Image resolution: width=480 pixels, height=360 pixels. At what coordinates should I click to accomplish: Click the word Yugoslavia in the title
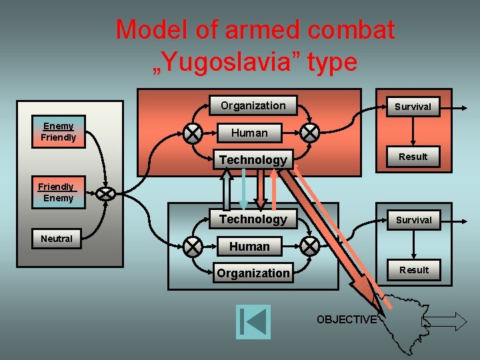point(237,62)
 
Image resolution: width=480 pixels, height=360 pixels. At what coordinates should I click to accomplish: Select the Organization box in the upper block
point(253,106)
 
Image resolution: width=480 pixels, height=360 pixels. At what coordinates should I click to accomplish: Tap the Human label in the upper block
point(249,133)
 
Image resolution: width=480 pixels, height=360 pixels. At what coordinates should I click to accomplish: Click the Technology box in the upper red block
point(253,160)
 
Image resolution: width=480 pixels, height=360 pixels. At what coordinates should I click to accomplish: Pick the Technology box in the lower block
point(253,219)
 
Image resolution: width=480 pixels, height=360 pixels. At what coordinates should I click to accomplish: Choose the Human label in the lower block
point(249,247)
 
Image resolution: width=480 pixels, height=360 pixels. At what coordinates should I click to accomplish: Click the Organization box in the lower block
point(253,273)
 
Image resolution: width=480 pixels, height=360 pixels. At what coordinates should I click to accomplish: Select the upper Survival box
point(413,107)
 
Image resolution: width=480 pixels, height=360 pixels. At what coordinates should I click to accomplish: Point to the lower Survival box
point(413,220)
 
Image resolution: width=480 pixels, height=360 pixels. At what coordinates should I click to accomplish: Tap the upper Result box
point(413,157)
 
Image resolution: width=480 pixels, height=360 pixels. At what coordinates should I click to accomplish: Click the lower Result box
point(413,270)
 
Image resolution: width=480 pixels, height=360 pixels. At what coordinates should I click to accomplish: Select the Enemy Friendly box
point(59,132)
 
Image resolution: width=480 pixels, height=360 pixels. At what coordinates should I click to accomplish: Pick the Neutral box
point(57,239)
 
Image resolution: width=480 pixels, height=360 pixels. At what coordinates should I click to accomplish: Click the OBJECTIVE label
point(347,320)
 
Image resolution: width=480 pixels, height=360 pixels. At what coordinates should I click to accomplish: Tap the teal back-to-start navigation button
point(253,321)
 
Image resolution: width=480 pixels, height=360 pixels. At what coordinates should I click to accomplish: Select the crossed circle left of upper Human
point(193,133)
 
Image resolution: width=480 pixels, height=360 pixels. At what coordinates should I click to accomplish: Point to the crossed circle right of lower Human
point(310,247)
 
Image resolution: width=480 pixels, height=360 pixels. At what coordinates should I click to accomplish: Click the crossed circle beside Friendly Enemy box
point(105,193)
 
